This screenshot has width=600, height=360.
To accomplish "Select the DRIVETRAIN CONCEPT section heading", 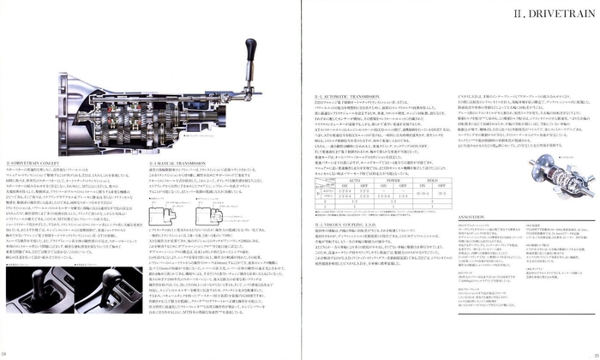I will coord(33,160).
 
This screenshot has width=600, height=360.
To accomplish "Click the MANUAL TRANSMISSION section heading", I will coord(175,160).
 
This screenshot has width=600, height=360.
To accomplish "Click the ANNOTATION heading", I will coord(476,218).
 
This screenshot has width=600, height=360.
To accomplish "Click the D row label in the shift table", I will coord(319,194).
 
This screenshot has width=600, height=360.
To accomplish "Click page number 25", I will coord(593,354).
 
